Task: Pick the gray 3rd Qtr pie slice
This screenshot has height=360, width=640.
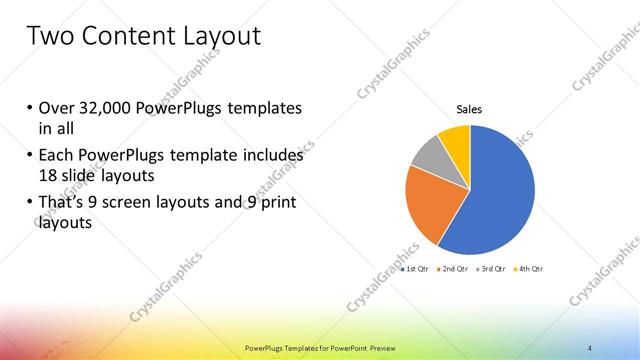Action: pyautogui.click(x=428, y=155)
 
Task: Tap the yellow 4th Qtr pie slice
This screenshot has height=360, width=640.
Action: pyautogui.click(x=455, y=140)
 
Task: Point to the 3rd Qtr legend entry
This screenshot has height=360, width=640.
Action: pyautogui.click(x=491, y=269)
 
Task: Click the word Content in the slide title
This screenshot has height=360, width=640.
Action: pyautogui.click(x=121, y=36)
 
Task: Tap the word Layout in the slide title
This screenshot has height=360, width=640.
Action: pyautogui.click(x=218, y=36)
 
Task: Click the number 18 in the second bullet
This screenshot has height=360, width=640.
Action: pyautogui.click(x=48, y=174)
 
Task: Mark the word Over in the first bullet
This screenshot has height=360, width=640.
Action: pyautogui.click(x=57, y=107)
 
